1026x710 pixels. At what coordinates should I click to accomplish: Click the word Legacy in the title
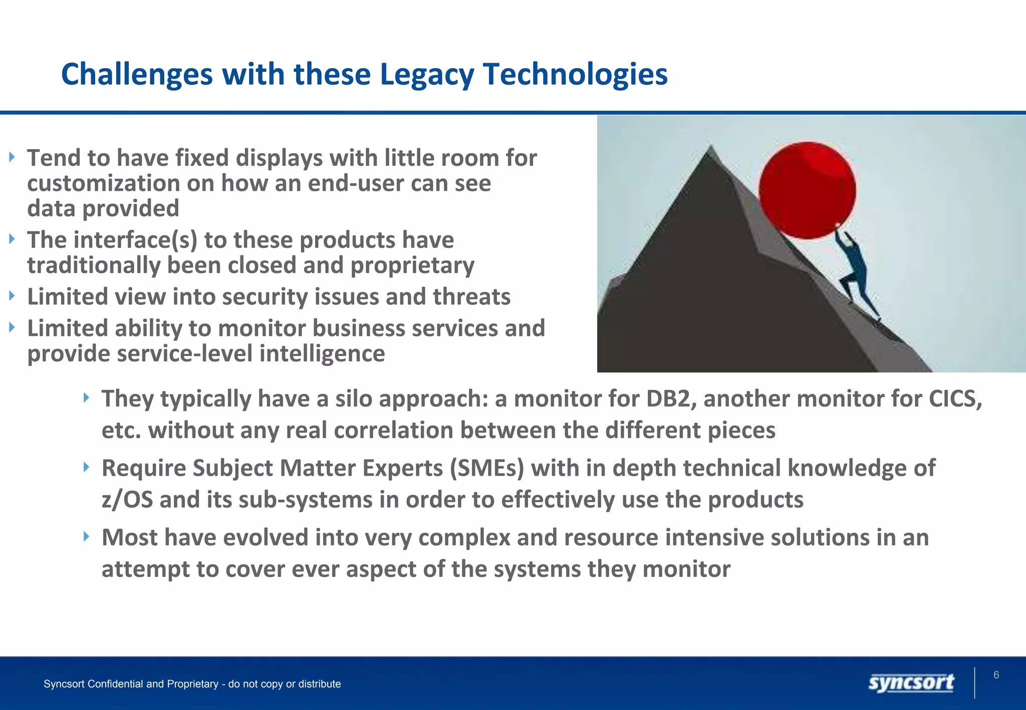426,75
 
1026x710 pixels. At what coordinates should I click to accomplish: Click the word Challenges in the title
137,75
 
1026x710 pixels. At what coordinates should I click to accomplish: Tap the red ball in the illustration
807,190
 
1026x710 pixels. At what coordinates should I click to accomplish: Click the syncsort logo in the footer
911,683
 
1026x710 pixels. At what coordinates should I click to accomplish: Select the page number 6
996,675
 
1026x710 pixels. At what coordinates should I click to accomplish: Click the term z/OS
127,500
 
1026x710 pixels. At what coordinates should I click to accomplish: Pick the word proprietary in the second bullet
412,266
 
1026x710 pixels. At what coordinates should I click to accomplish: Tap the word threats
471,297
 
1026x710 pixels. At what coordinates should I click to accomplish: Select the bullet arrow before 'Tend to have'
12,157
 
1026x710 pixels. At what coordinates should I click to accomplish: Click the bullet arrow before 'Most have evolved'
86,537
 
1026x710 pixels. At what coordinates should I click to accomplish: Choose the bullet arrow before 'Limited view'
12,296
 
